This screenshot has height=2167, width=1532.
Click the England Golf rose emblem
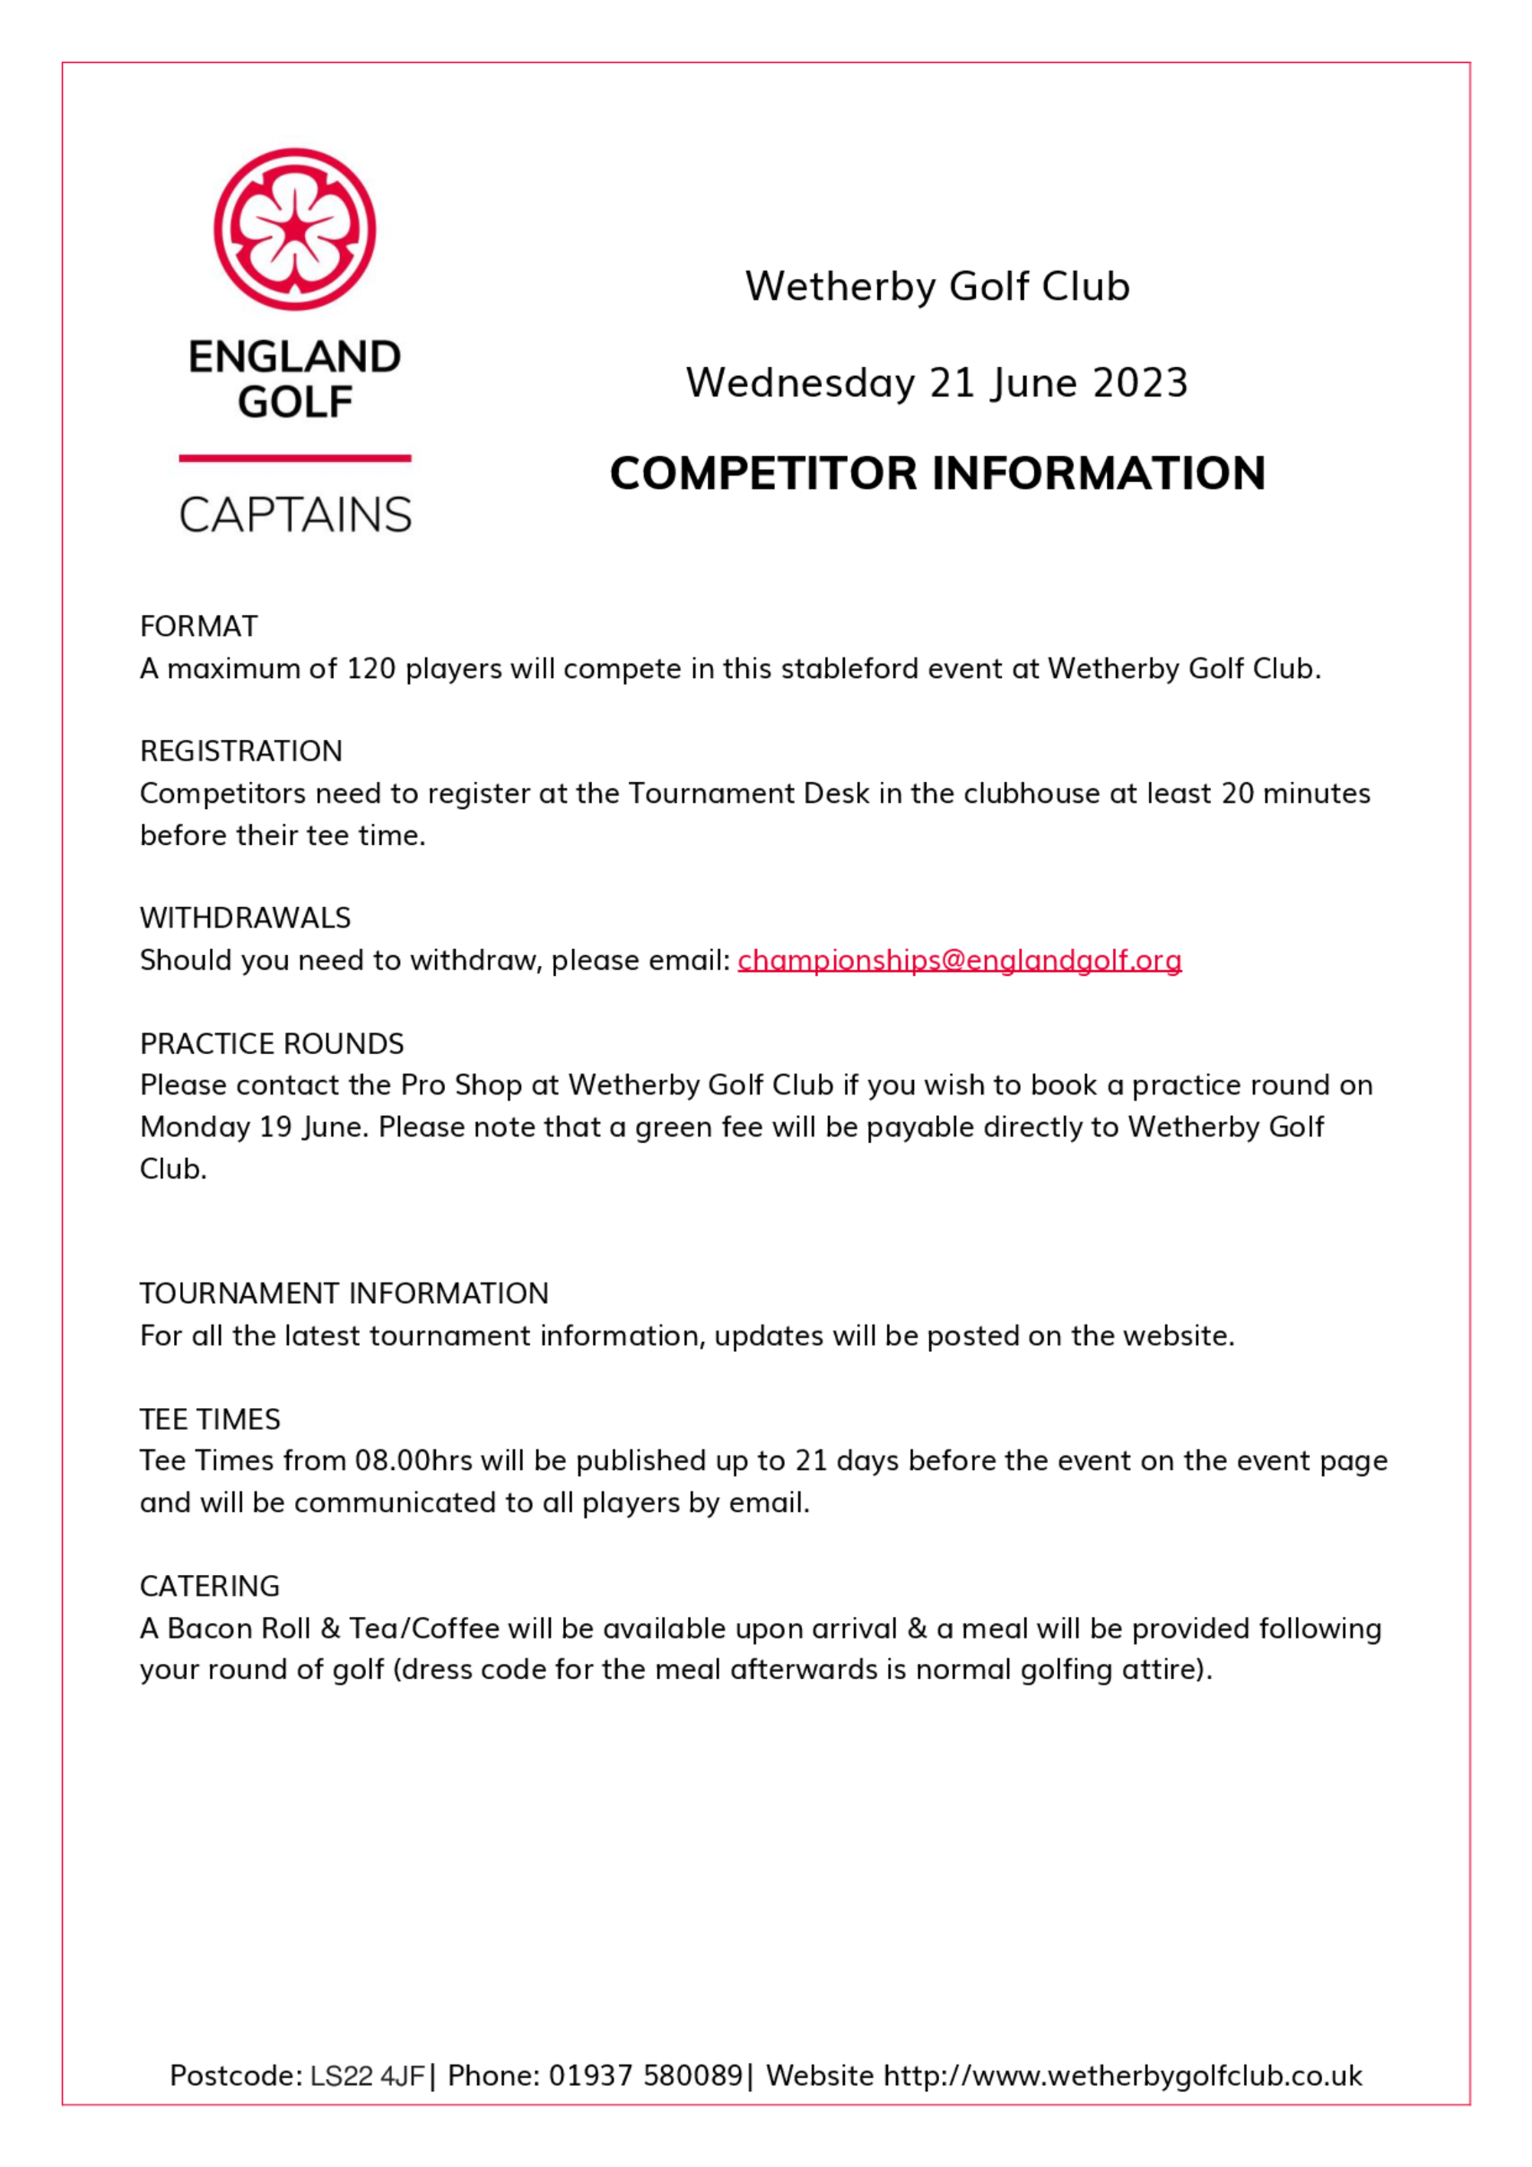click(x=294, y=228)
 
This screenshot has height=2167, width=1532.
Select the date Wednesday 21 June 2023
click(x=936, y=382)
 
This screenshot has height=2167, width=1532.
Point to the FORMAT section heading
click(x=198, y=626)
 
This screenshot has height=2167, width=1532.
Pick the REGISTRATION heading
click(x=241, y=751)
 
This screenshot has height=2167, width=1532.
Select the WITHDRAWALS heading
click(x=244, y=918)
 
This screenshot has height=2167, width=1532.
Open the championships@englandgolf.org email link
click(x=959, y=960)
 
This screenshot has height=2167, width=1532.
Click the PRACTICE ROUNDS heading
click(x=272, y=1043)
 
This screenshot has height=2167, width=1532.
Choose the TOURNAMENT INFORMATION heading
click(x=344, y=1293)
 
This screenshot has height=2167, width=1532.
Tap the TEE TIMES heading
click(x=210, y=1419)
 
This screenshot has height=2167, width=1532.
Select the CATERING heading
click(x=210, y=1586)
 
